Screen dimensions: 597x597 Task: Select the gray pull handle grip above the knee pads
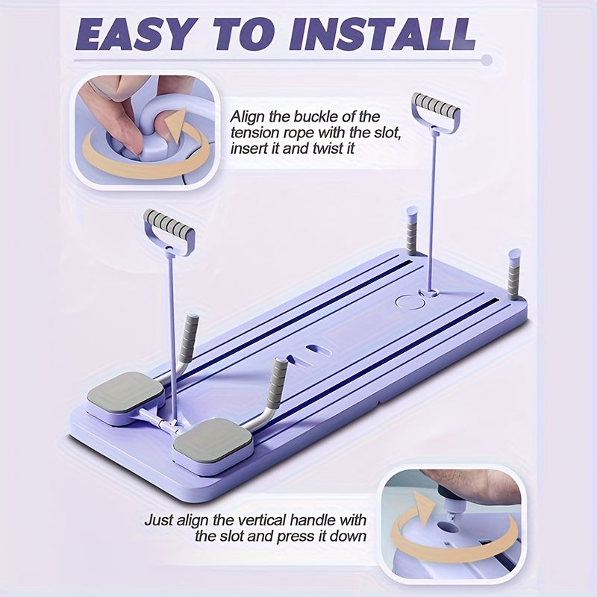pyautogui.click(x=169, y=223)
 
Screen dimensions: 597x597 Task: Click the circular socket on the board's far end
pyautogui.click(x=409, y=302)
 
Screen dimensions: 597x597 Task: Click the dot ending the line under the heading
pyautogui.click(x=487, y=60)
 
